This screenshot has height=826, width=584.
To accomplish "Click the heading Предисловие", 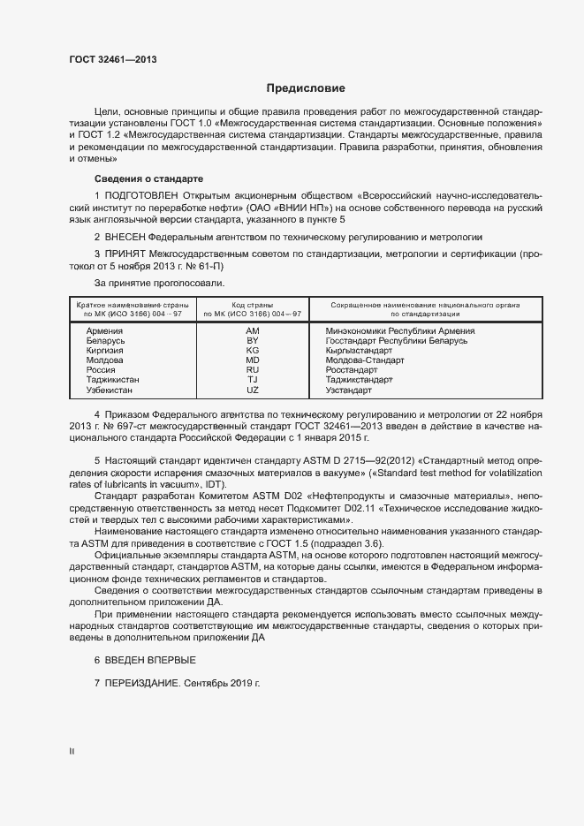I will coord(306,88).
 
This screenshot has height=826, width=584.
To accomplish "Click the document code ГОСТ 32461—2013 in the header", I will coord(113,60).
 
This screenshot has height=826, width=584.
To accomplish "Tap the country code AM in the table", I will coord(252,330).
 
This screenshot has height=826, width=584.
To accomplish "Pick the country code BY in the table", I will coord(252,340).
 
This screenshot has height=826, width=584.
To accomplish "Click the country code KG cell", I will coord(252,350).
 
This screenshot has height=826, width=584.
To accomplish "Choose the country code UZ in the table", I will coord(252,390).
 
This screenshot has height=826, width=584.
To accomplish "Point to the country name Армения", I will coord(104,330).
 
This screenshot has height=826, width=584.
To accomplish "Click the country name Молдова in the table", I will coord(105,360).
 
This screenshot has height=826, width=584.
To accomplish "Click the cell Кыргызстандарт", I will coord(359,350).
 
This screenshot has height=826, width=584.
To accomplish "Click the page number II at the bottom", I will coord(72,750).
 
